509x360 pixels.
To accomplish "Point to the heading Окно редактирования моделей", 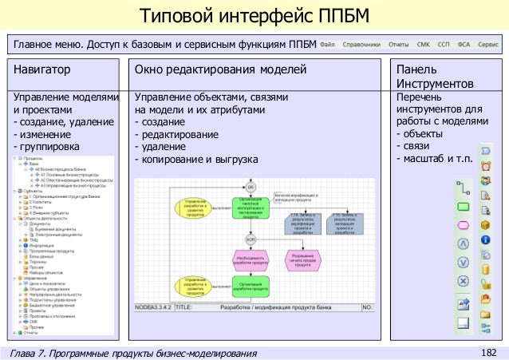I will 220,71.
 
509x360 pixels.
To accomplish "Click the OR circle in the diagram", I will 251,186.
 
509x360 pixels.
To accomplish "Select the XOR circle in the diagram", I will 251,238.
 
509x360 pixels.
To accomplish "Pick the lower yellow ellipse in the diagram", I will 195,284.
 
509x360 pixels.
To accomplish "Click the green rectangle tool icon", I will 462,208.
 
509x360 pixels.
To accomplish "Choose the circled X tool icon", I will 462,280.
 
